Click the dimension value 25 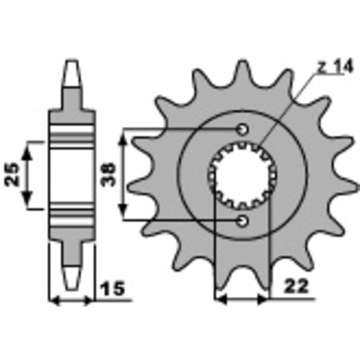click(x=13, y=174)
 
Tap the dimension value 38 click(x=109, y=174)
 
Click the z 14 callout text click(x=334, y=67)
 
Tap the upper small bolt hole click(x=243, y=130)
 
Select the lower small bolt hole click(x=243, y=220)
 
